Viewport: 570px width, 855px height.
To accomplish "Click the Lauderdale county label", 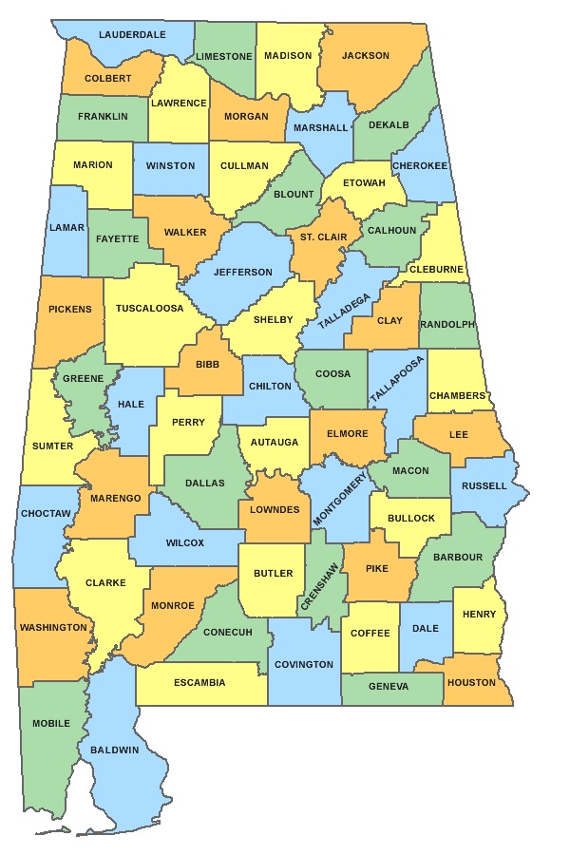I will click(x=132, y=34).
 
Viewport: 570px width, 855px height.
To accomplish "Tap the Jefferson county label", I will click(x=242, y=273).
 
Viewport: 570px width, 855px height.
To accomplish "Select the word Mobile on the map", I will click(x=51, y=724).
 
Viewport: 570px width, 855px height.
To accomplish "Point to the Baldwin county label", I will click(x=115, y=750).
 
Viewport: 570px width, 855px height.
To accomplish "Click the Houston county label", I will click(x=472, y=683).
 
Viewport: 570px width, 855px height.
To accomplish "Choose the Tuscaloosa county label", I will click(x=149, y=309).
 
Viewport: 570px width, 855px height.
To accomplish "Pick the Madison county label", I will click(x=288, y=56).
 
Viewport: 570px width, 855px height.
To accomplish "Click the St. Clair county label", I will click(x=323, y=237).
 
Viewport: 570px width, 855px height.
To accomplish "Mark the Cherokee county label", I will click(x=420, y=165).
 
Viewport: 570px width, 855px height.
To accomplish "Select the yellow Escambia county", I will click(x=199, y=683).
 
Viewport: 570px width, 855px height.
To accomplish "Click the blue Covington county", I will click(x=304, y=665).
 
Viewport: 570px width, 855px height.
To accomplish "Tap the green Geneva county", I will click(x=389, y=687).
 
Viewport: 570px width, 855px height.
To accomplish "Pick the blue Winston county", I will click(x=170, y=166).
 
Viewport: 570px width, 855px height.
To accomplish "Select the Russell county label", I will click(x=484, y=486).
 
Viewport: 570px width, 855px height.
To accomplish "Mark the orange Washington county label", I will click(x=53, y=628).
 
